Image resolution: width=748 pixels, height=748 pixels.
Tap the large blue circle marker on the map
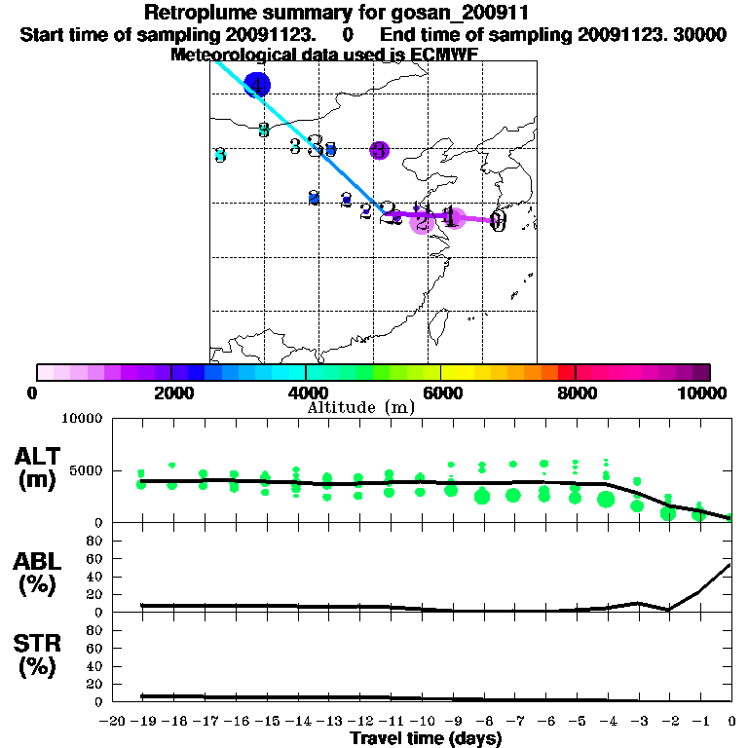click(x=256, y=85)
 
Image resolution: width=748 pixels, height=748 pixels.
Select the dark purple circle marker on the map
click(x=380, y=150)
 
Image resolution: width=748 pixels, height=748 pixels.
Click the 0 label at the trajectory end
click(x=498, y=222)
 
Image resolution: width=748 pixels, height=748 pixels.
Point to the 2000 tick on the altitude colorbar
click(x=171, y=372)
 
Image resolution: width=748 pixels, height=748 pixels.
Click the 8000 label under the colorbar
click(x=577, y=393)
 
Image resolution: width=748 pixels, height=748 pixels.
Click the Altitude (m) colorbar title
click(x=360, y=407)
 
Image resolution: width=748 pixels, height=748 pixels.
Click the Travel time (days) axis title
click(x=427, y=739)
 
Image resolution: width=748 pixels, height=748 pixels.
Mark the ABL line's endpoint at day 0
click(x=731, y=563)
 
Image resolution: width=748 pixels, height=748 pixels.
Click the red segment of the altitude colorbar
click(x=567, y=372)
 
